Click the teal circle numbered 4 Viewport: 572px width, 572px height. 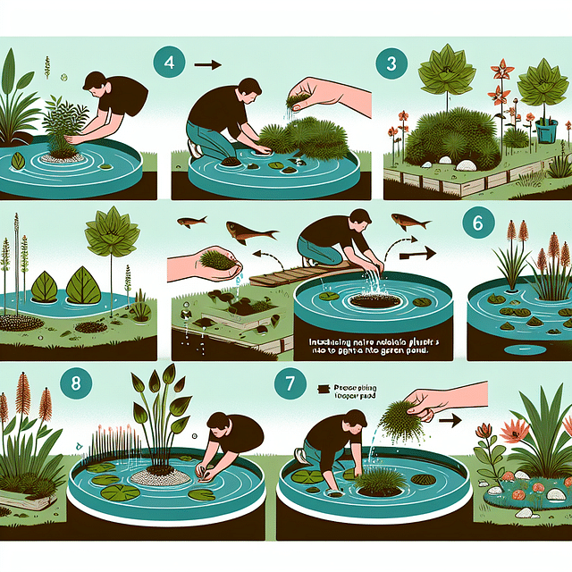170,65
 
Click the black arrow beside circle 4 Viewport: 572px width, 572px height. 207,64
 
